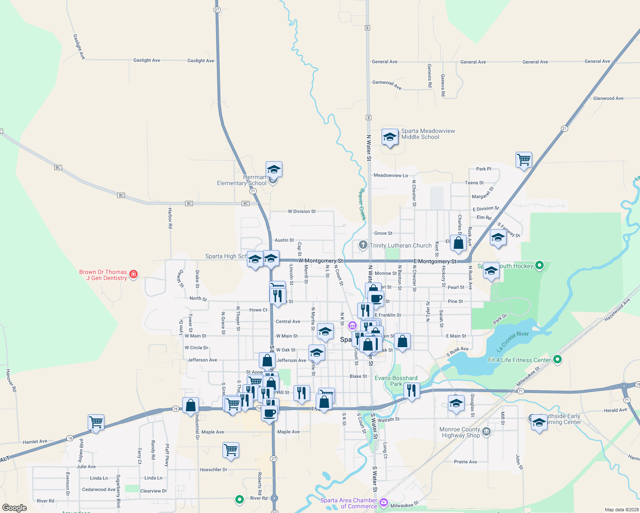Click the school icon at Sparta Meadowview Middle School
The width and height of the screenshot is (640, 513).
pyautogui.click(x=390, y=137)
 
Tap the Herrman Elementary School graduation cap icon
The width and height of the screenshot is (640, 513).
pyautogui.click(x=274, y=170)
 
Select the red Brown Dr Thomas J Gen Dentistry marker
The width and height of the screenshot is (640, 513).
pyautogui.click(x=133, y=274)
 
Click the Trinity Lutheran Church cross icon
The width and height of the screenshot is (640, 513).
pyautogui.click(x=363, y=245)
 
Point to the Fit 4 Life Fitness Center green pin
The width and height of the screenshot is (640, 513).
pyautogui.click(x=557, y=360)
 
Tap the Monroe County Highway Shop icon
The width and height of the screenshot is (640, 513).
pyautogui.click(x=486, y=432)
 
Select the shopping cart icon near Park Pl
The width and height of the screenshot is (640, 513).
pyautogui.click(x=524, y=160)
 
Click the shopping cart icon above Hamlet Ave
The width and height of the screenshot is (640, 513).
pyautogui.click(x=96, y=422)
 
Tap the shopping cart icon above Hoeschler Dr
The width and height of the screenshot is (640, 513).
pyautogui.click(x=231, y=450)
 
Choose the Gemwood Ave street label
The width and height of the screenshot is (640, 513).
pyautogui.click(x=387, y=84)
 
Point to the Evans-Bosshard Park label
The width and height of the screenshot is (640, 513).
pyautogui.click(x=396, y=381)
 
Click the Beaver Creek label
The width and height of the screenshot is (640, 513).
pyautogui.click(x=363, y=204)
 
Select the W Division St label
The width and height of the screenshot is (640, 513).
pyautogui.click(x=302, y=211)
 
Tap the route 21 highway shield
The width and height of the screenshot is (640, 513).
pyautogui.click(x=564, y=129)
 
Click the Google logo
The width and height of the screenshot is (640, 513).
pyautogui.click(x=15, y=507)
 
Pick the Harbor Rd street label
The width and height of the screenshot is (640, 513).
pyautogui.click(x=170, y=218)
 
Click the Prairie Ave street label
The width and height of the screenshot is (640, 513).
pyautogui.click(x=465, y=462)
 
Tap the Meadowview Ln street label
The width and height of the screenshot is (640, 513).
pyautogui.click(x=391, y=175)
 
